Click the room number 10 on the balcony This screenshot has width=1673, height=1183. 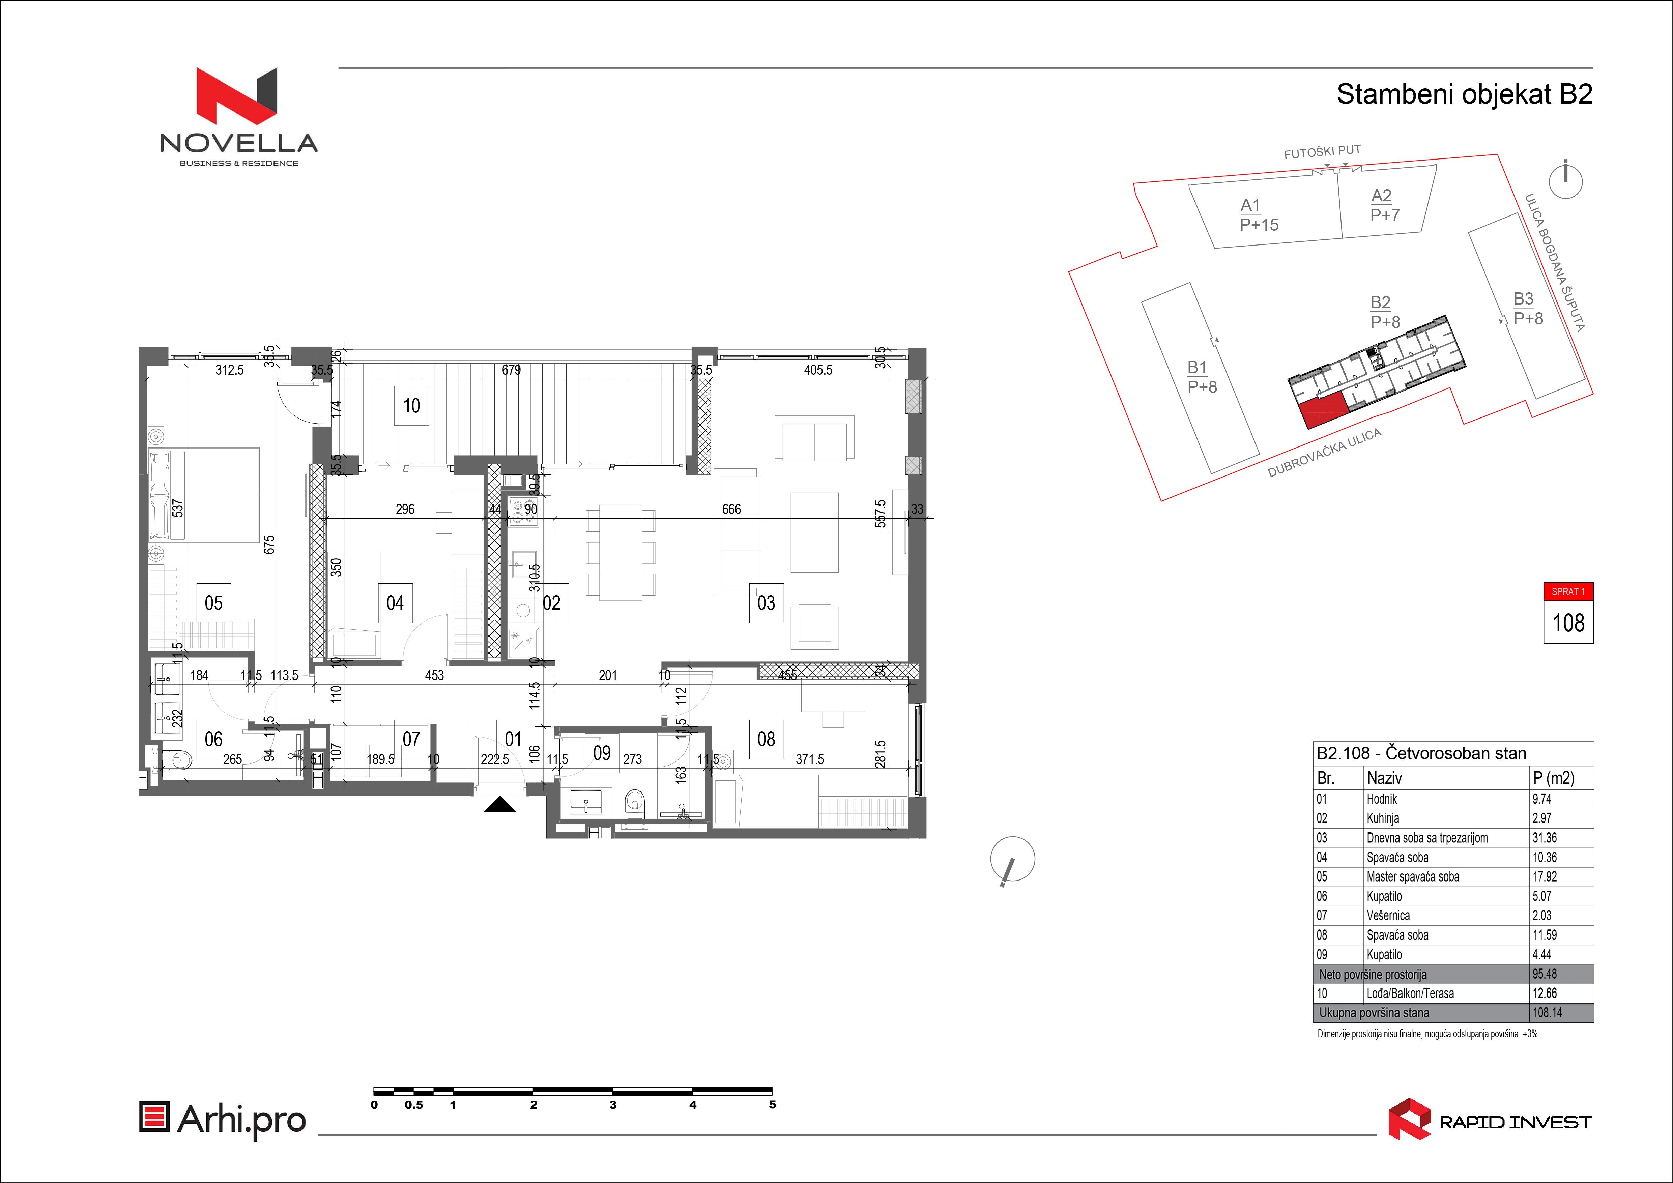(x=412, y=406)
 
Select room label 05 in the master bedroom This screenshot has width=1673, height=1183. (x=213, y=603)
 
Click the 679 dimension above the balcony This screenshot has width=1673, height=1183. (x=512, y=370)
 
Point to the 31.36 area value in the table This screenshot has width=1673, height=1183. (x=1545, y=838)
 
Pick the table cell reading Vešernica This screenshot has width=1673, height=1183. (x=1388, y=916)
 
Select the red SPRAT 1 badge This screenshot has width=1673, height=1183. (x=1568, y=591)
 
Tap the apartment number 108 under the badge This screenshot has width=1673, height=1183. (x=1568, y=623)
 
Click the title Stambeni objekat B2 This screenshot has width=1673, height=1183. (x=1465, y=94)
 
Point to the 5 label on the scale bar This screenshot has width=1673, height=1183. (x=772, y=1105)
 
